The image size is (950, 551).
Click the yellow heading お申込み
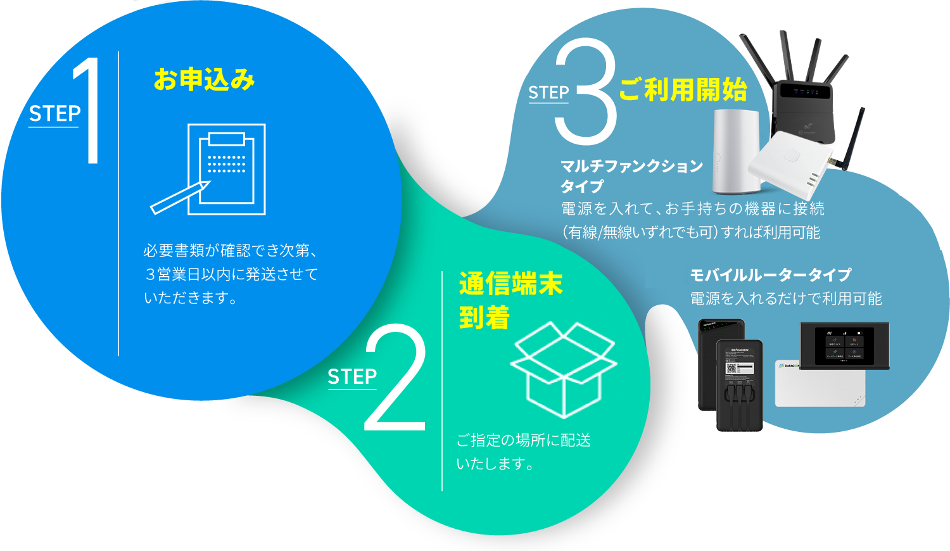click(x=204, y=80)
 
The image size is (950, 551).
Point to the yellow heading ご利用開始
click(x=683, y=90)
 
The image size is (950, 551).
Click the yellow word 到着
click(x=484, y=317)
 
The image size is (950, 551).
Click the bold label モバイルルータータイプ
click(x=770, y=275)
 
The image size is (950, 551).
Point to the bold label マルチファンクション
click(x=631, y=166)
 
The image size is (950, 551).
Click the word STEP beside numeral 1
click(x=54, y=114)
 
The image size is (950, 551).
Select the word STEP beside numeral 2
click(x=352, y=377)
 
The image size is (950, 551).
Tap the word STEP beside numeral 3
click(x=548, y=92)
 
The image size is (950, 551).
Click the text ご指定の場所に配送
click(x=524, y=440)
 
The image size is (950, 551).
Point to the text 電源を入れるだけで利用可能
click(x=785, y=298)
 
